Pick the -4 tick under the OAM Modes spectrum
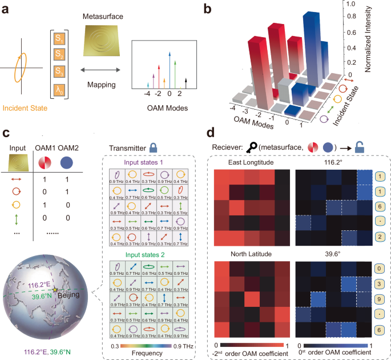coord(147,93)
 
